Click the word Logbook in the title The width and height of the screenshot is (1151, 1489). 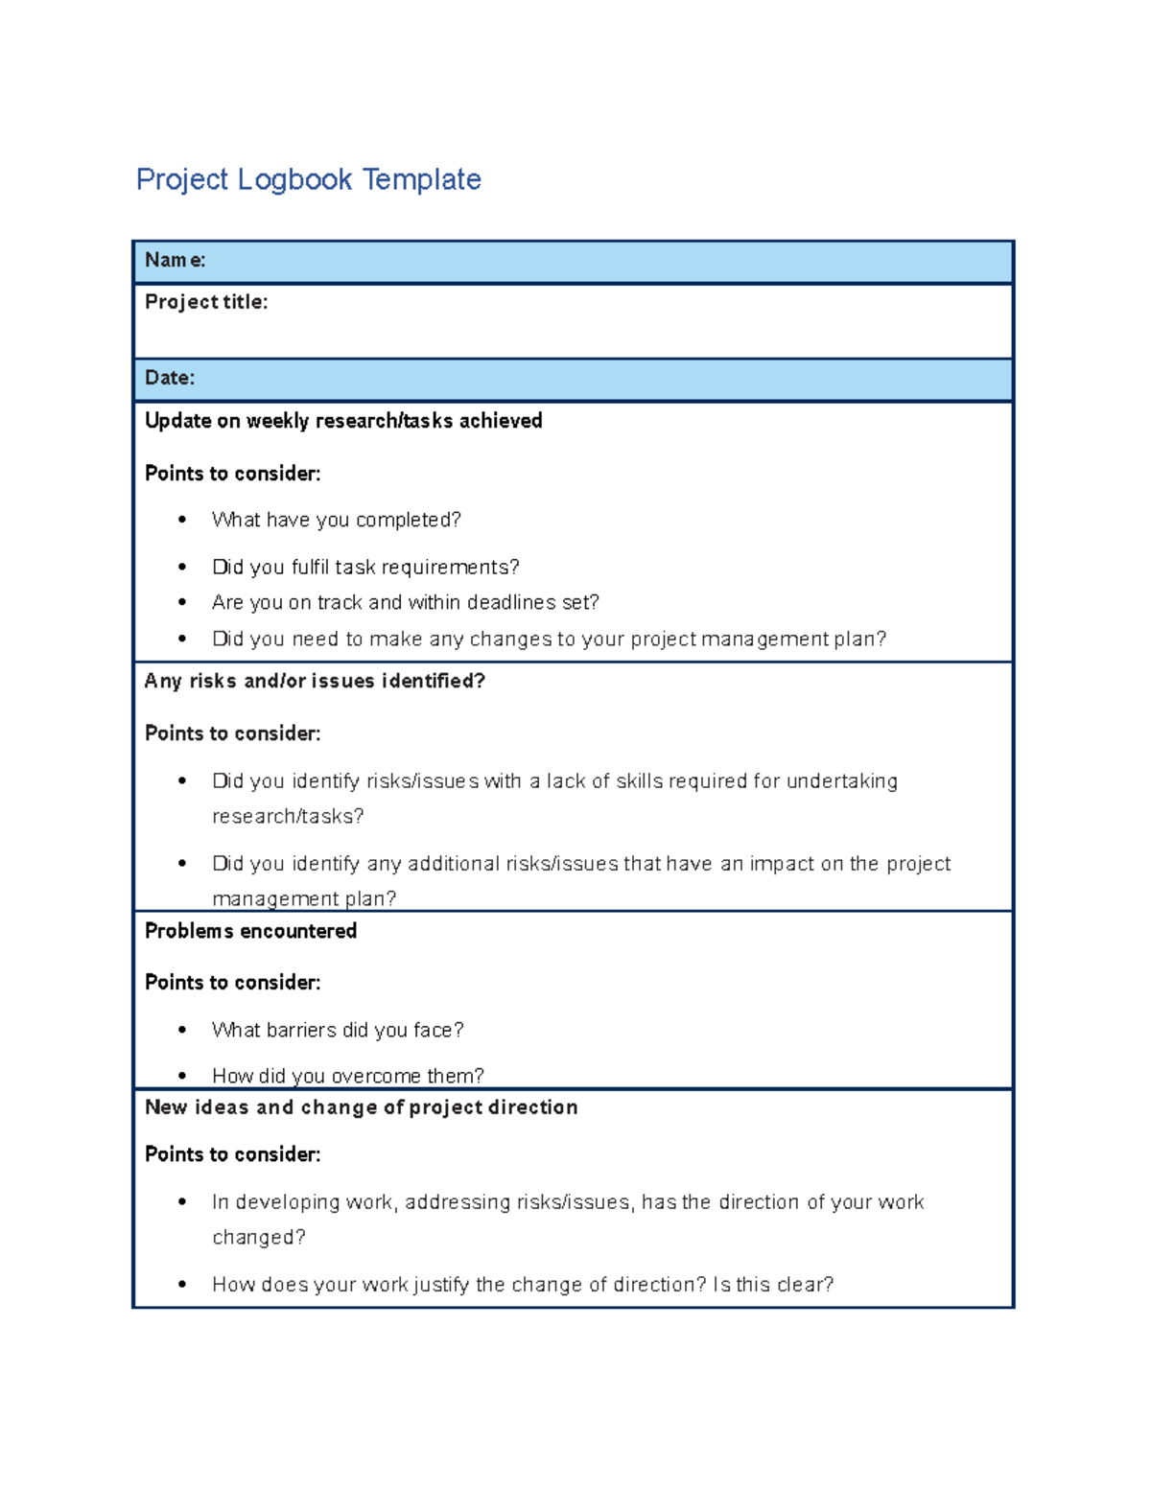tap(294, 179)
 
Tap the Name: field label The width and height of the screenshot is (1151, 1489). tap(175, 260)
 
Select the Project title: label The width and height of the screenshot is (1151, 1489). tap(206, 302)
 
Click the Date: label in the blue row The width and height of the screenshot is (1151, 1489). tap(170, 378)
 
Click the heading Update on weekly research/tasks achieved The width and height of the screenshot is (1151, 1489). tap(343, 421)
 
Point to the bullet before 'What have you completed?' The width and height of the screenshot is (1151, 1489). tap(182, 520)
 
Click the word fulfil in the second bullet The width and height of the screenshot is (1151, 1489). tap(310, 567)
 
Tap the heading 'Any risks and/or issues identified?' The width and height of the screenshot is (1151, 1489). tap(315, 681)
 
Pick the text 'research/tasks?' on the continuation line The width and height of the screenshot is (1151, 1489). tap(288, 816)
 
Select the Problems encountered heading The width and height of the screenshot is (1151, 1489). tap(250, 931)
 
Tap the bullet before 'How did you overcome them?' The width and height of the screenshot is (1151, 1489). tap(182, 1076)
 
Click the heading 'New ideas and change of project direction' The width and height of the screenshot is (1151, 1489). tap(361, 1107)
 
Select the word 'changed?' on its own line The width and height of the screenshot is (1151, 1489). tap(258, 1237)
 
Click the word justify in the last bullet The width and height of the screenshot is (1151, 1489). tap(442, 1284)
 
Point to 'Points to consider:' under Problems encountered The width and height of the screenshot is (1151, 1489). tap(232, 983)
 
